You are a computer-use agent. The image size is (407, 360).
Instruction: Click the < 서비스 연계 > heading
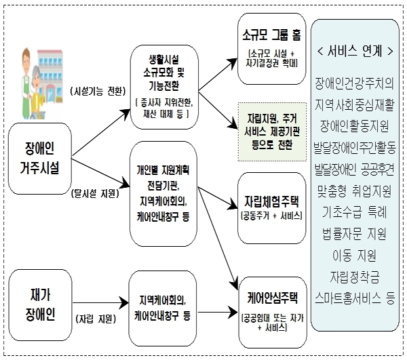coord(354,50)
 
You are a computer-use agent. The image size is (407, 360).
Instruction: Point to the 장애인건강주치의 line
coord(354,85)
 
